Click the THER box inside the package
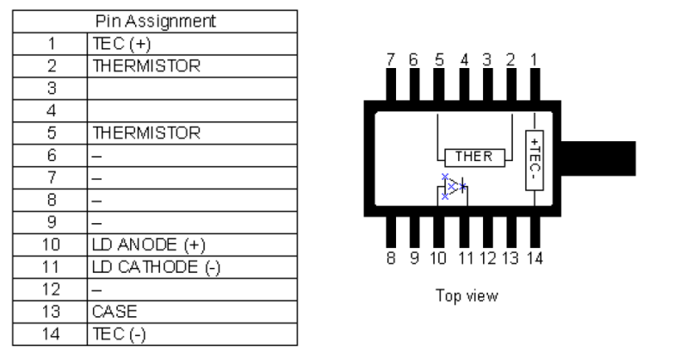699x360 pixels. pos(473,156)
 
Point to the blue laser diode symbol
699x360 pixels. pos(454,187)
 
